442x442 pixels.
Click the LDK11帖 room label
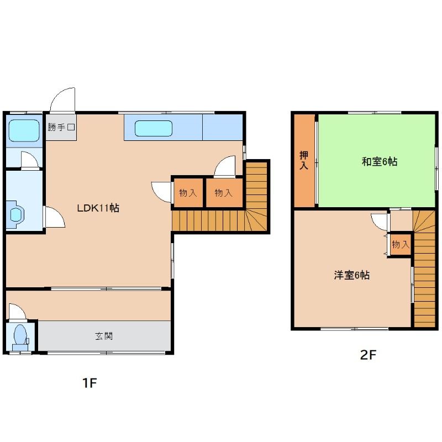click(x=98, y=208)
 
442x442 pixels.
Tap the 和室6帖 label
click(x=380, y=162)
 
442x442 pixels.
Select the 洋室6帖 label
click(x=351, y=275)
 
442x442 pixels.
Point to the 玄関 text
click(x=104, y=336)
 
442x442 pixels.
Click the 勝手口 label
click(x=61, y=128)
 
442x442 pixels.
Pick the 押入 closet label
click(x=303, y=160)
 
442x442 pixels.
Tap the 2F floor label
click(x=368, y=355)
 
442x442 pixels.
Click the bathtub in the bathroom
click(x=24, y=129)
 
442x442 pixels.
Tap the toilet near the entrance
click(x=20, y=335)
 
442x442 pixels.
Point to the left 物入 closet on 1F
click(x=188, y=193)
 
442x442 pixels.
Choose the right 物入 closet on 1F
click(x=223, y=193)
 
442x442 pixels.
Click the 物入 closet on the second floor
click(x=400, y=244)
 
